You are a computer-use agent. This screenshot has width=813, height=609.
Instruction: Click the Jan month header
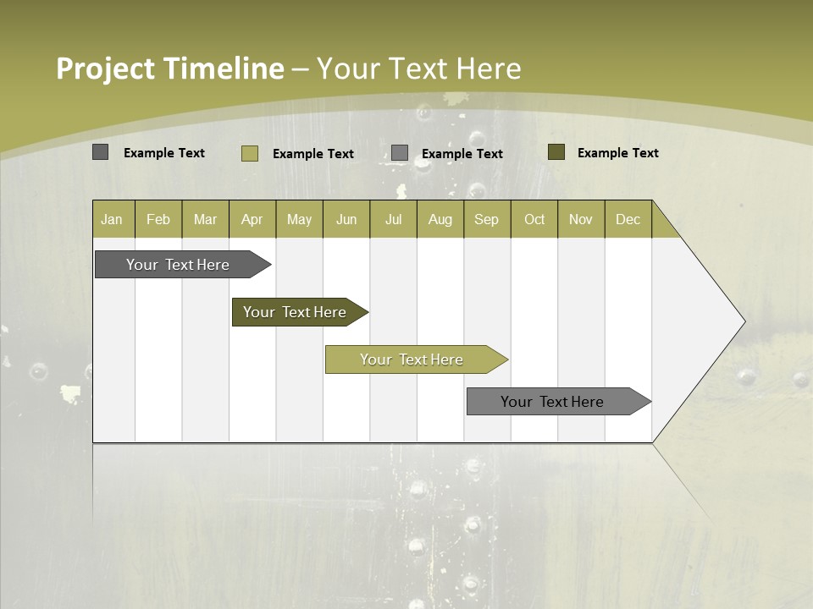coord(112,219)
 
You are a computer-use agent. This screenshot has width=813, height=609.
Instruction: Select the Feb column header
coord(158,219)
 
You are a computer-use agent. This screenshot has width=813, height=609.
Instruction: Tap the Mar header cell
coord(205,219)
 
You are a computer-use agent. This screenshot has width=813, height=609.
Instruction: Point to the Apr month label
coord(252,219)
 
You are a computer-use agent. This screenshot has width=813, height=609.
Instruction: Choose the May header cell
coord(299,219)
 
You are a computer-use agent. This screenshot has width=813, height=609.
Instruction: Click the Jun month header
coord(346,219)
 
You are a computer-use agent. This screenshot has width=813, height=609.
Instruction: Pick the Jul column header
coord(393,219)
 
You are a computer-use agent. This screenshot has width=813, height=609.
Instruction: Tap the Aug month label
coord(440,219)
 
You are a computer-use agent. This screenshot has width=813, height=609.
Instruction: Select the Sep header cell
coord(486,219)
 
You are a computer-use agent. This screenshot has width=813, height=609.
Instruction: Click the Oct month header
coord(534,219)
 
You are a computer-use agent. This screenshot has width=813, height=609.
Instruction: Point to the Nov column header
coord(581,219)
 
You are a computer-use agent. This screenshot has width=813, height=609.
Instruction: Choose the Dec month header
coord(628,219)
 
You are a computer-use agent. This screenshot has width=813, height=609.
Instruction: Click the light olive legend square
coord(249,153)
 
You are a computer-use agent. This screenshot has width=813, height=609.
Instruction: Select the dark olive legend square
coord(556,152)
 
